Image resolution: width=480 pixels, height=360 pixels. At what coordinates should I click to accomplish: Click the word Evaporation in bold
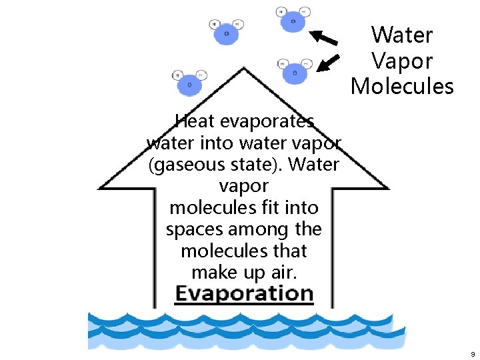point(244,294)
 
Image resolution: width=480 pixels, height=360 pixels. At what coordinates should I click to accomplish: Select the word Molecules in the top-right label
point(402,86)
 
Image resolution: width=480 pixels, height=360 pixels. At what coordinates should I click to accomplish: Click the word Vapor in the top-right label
point(402,61)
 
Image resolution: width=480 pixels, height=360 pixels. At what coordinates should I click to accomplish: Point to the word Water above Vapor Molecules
point(402,35)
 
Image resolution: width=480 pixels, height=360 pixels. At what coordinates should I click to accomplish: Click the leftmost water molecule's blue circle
point(189,85)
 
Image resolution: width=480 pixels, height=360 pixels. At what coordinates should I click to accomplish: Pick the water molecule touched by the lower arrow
point(294,73)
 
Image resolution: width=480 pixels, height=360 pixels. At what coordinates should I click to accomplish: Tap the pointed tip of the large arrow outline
point(244,68)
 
